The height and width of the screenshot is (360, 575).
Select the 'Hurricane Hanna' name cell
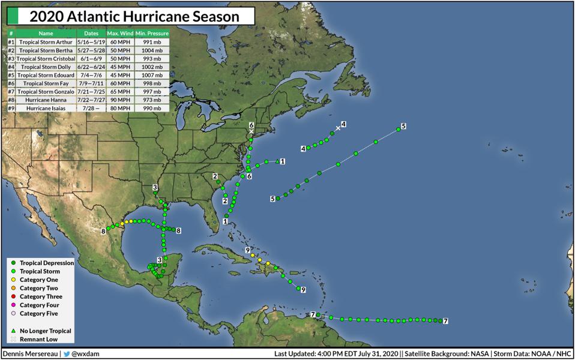coord(46,100)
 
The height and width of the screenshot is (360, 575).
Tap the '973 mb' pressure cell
coord(152,100)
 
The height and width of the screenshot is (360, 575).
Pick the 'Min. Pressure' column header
coord(152,34)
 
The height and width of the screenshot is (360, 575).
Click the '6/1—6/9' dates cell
coord(91,59)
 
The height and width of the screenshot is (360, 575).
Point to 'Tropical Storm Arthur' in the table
coord(46,42)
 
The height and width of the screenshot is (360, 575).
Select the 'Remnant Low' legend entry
coord(39,340)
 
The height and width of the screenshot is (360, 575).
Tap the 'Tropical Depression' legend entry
coord(46,263)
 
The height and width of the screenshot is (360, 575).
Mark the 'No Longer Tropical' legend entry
coord(45,331)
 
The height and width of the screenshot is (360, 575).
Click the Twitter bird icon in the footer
coord(68,354)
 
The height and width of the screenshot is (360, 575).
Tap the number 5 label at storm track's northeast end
coord(404,126)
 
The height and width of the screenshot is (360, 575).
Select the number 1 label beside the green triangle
coord(283,161)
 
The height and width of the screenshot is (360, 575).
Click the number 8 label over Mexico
coord(103,231)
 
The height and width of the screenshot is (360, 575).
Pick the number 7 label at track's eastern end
coord(445,322)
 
